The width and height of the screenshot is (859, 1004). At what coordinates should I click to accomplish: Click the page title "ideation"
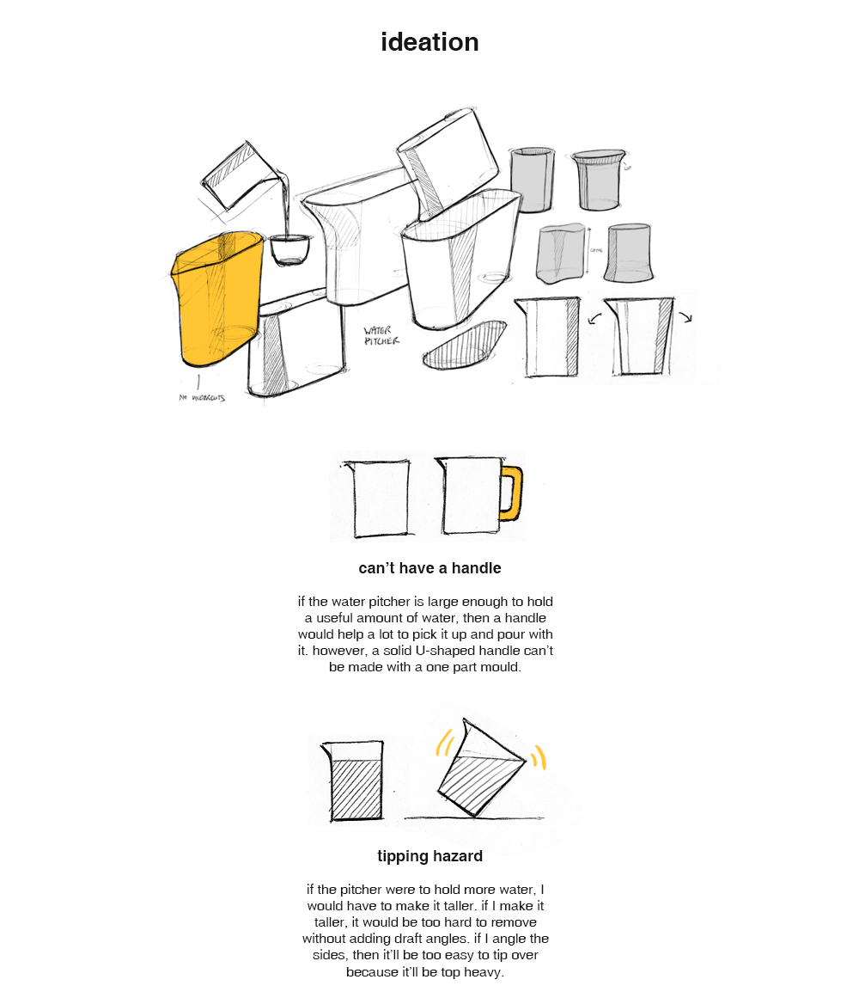coord(429,42)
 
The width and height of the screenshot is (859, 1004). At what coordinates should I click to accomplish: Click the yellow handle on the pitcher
coord(513,493)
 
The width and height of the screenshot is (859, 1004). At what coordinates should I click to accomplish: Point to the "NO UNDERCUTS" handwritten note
coord(202,398)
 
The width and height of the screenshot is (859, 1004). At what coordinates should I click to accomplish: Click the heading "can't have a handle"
coord(429,568)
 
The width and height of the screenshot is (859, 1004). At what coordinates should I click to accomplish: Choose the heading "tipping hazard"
coord(429,856)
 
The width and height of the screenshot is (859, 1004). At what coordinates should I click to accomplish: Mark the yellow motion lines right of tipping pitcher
coord(539,756)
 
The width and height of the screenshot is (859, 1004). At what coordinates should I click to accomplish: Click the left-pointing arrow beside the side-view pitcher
coord(593,320)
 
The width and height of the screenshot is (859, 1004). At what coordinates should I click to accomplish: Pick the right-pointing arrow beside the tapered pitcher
coord(685,316)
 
